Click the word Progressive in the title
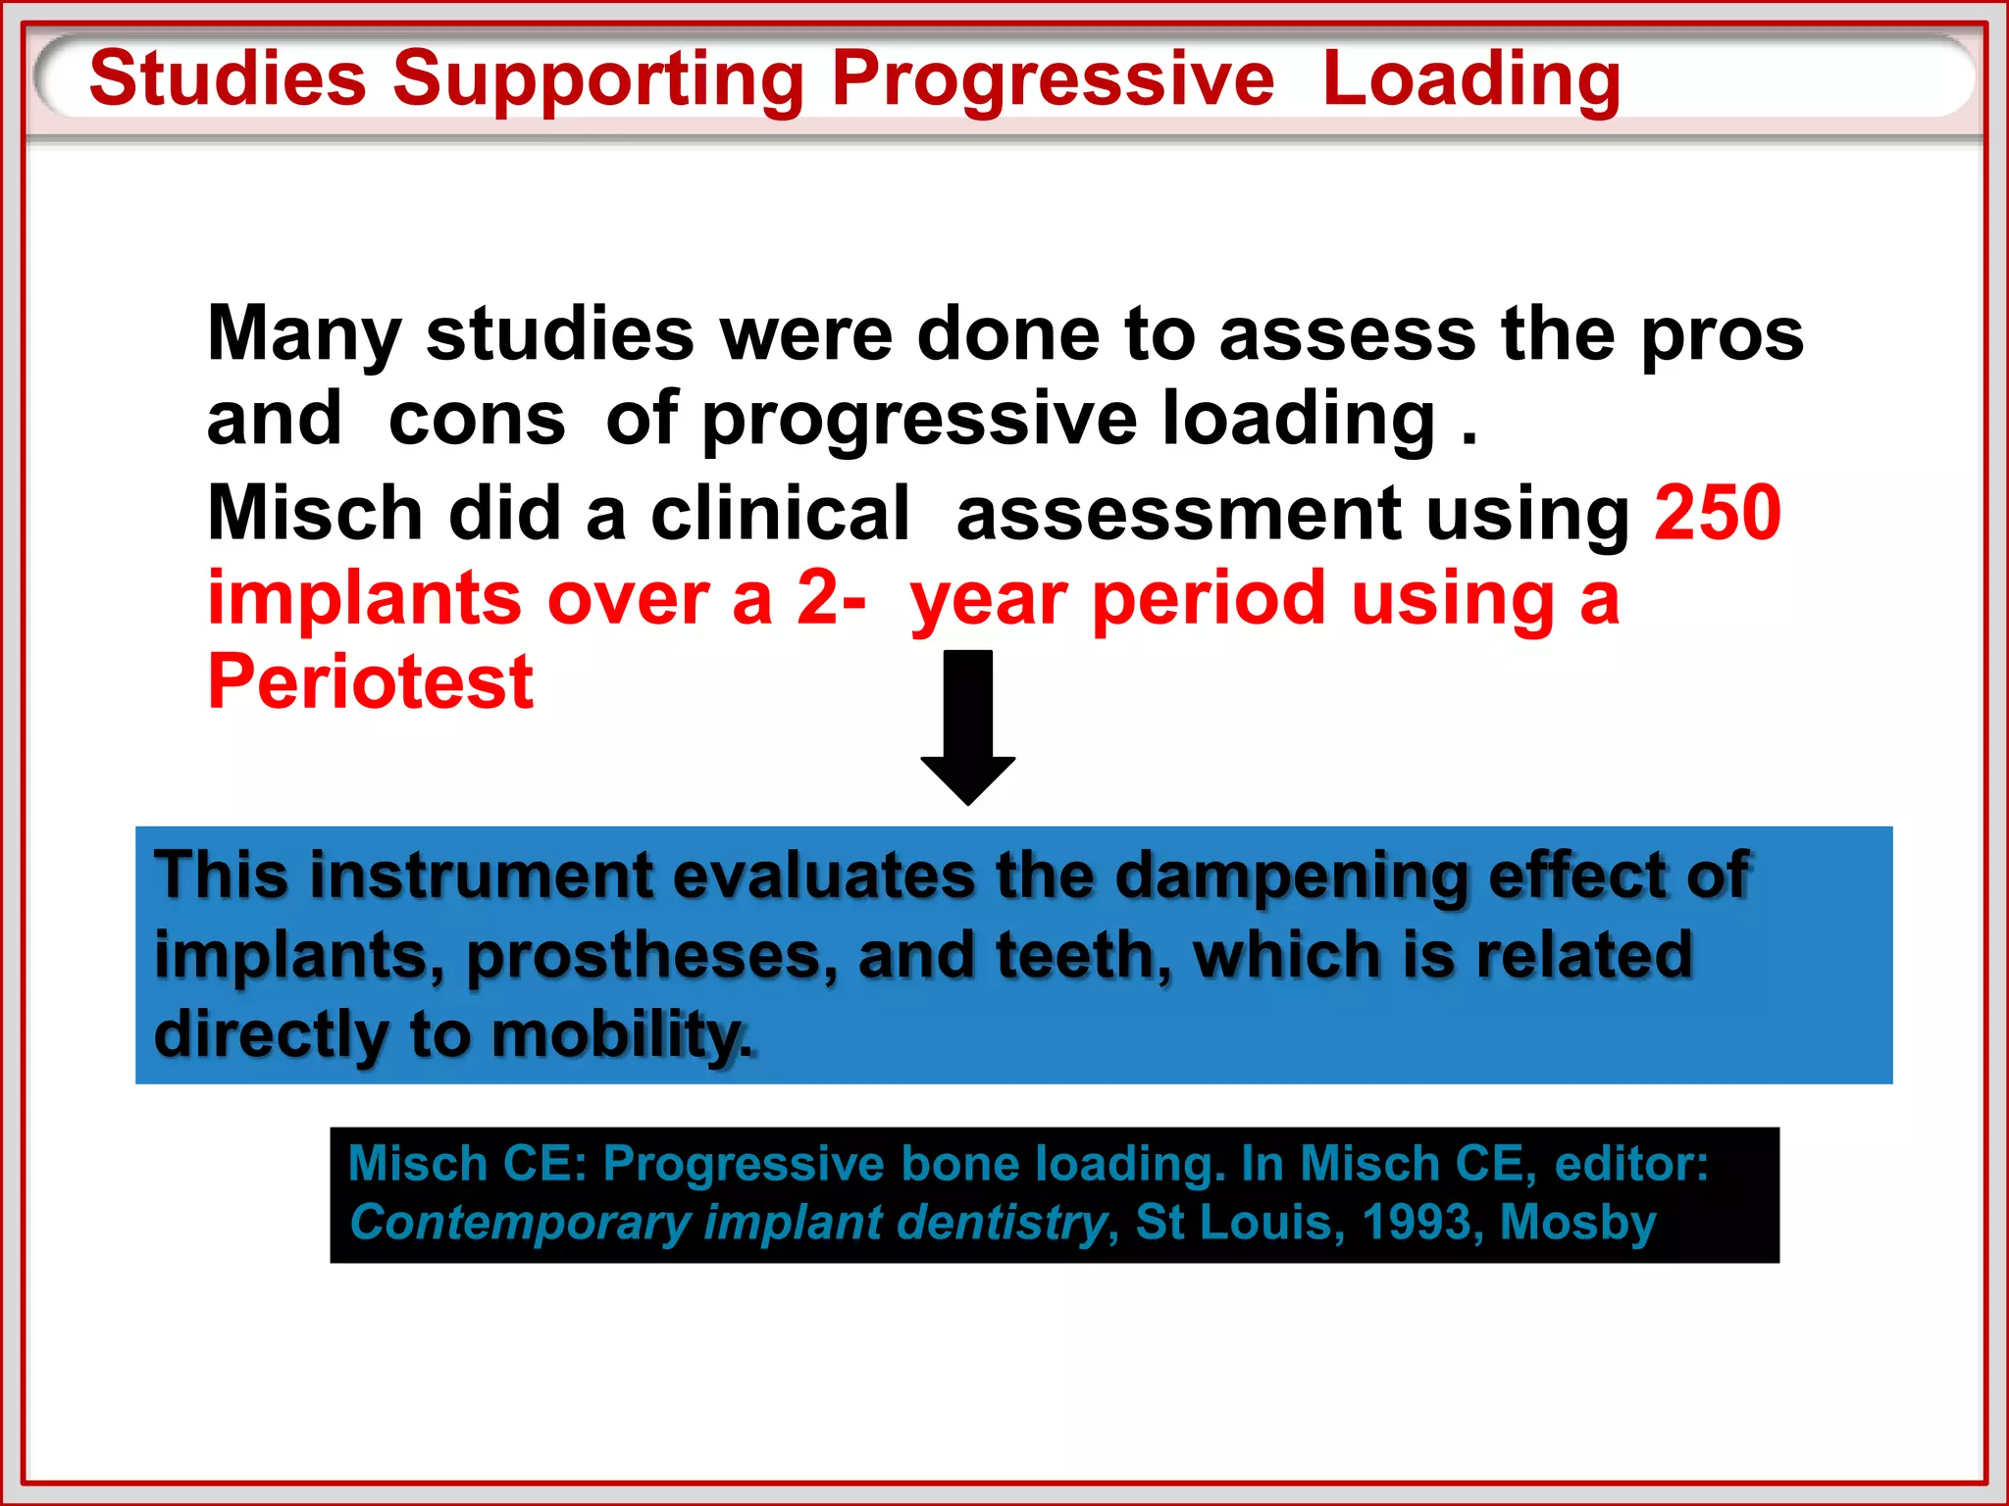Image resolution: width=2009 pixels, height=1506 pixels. pos(1052,80)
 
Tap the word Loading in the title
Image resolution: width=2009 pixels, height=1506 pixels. pos(1470,80)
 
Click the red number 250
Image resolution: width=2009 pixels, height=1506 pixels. pos(1717,513)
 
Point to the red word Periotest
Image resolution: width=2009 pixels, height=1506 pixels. pos(370,682)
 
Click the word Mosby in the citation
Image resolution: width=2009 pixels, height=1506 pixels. pos(1577,1223)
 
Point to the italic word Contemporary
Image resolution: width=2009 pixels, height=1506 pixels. pos(520,1223)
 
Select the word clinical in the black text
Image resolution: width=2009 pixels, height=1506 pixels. pos(780,514)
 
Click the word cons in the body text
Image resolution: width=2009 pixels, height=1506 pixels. pos(477,420)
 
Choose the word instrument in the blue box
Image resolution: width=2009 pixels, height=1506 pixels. pos(481,876)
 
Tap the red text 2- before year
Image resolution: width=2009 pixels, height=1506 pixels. pos(830,598)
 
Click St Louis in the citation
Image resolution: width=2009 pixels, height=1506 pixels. pos(1239,1223)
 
